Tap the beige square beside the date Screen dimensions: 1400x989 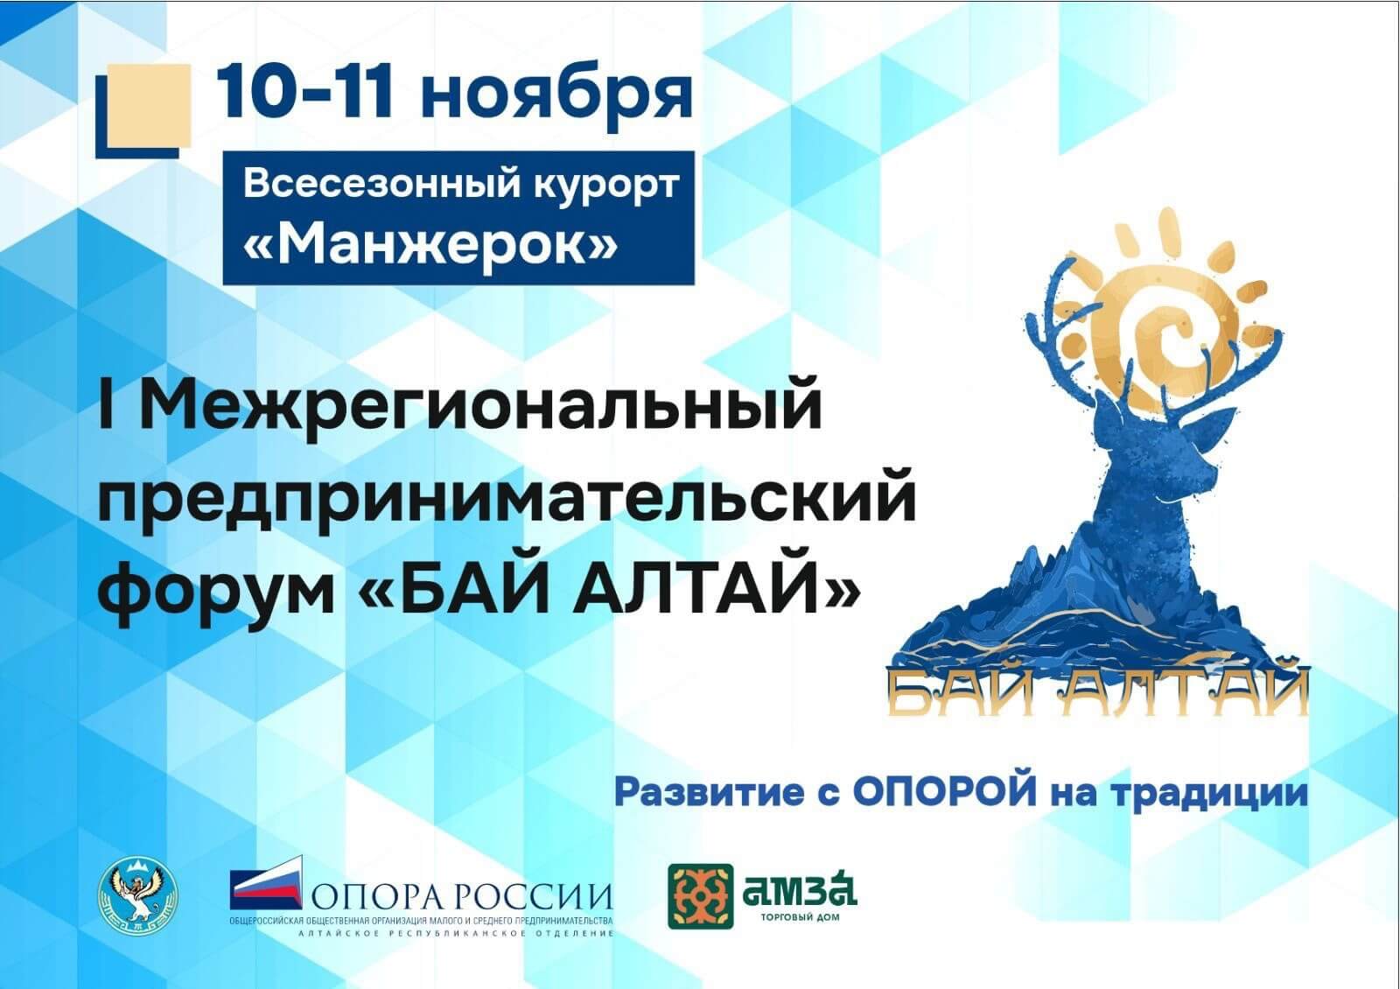149,106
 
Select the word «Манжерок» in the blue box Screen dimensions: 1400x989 430,245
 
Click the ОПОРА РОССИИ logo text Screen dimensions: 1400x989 462,897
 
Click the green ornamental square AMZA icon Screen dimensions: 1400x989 701,896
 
